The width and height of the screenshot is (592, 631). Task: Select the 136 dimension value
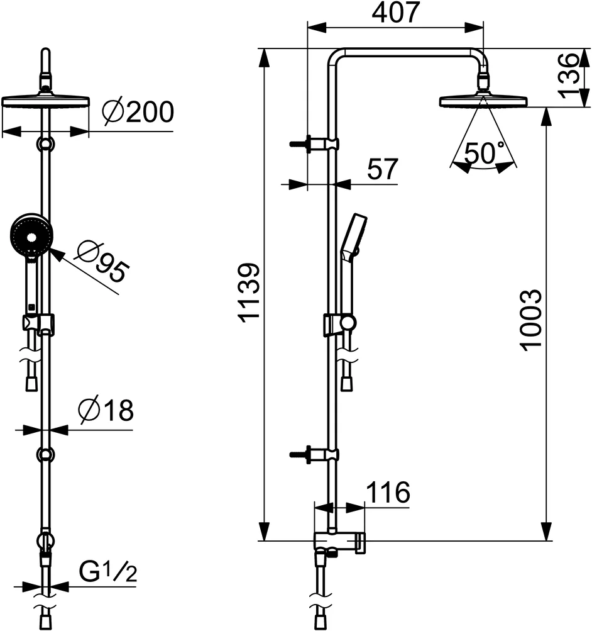pos(569,75)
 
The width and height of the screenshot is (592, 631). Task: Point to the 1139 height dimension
pos(249,293)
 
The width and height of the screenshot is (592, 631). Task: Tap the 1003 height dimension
pos(532,320)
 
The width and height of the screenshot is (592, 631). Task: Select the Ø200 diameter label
pos(138,113)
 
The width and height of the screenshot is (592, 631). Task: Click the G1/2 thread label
pos(107,572)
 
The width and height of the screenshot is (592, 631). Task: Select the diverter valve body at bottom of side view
pos(339,542)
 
